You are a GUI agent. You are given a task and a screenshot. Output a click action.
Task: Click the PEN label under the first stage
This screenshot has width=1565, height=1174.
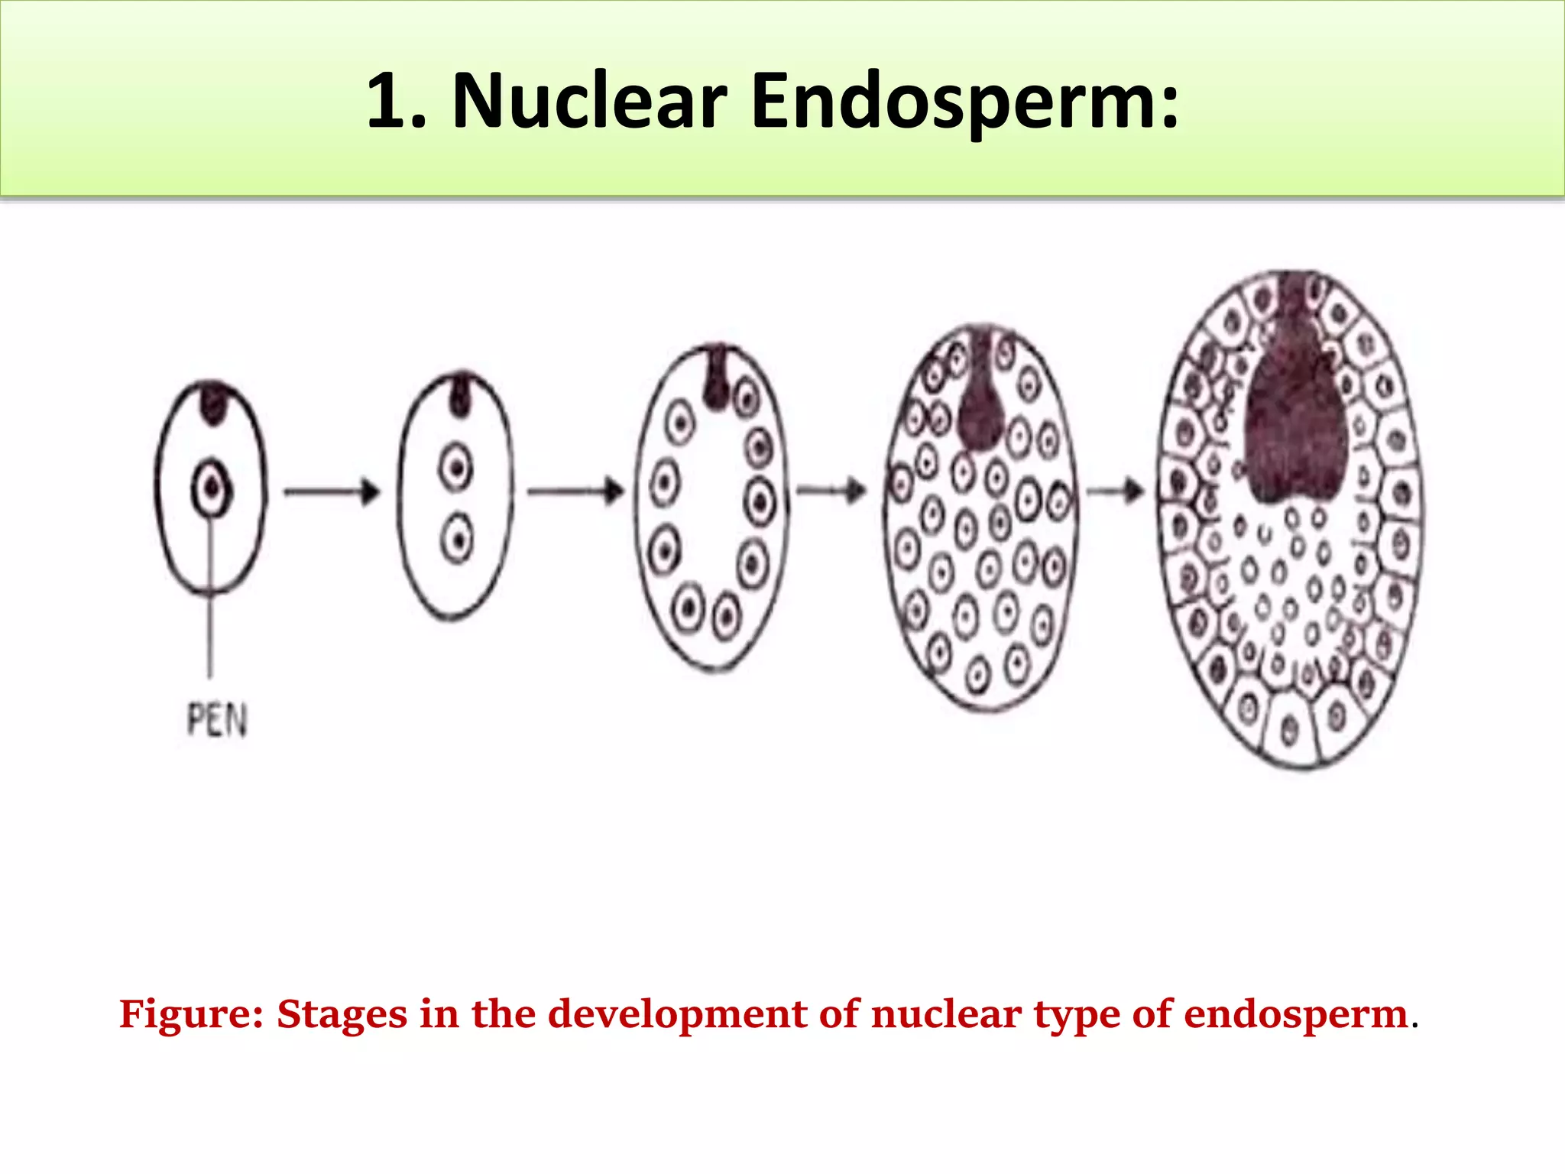[x=217, y=720]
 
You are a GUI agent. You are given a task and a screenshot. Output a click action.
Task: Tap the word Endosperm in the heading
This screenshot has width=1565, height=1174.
[x=964, y=102]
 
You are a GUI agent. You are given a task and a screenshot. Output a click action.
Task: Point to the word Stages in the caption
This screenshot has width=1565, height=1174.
[x=342, y=1015]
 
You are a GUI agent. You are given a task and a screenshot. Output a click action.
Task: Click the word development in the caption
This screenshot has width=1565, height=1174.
[x=677, y=1015]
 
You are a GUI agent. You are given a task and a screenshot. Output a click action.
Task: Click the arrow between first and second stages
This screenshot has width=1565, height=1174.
[x=332, y=491]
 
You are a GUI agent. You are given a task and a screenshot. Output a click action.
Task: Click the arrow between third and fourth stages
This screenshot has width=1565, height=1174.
[x=831, y=490]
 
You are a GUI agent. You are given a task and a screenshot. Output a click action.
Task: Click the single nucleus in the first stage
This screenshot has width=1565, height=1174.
[x=212, y=488]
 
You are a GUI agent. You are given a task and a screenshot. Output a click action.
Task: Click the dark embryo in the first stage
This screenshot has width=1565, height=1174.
[x=214, y=402]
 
